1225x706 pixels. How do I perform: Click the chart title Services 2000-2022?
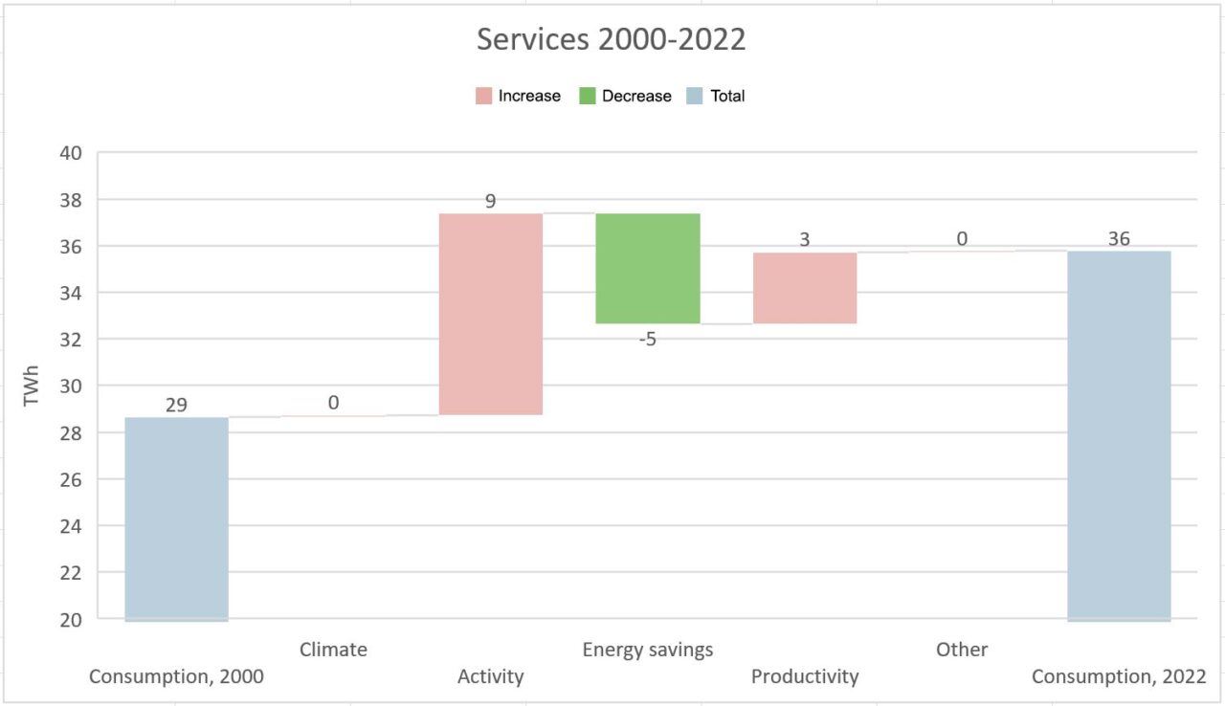click(611, 39)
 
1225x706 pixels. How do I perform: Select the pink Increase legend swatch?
click(484, 96)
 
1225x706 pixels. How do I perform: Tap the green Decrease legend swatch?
click(588, 96)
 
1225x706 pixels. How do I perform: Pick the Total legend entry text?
click(727, 96)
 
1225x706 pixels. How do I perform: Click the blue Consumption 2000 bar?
click(176, 518)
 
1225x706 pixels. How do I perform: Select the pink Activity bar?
click(491, 314)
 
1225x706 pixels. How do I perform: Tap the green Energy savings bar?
click(648, 268)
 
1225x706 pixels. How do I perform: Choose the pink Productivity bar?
click(805, 288)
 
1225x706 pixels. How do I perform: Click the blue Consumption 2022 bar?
click(1119, 435)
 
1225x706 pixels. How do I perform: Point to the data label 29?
click(176, 405)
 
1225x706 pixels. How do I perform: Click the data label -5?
click(648, 339)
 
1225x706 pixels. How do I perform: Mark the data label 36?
click(1119, 239)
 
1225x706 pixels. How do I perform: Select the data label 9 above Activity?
click(491, 202)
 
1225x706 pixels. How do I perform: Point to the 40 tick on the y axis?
click(70, 153)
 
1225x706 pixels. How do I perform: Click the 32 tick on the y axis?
click(70, 340)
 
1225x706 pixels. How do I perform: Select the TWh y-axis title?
click(33, 386)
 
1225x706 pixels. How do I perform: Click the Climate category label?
click(333, 650)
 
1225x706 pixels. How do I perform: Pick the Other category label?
click(962, 650)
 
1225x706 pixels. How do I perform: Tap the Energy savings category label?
click(648, 650)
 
